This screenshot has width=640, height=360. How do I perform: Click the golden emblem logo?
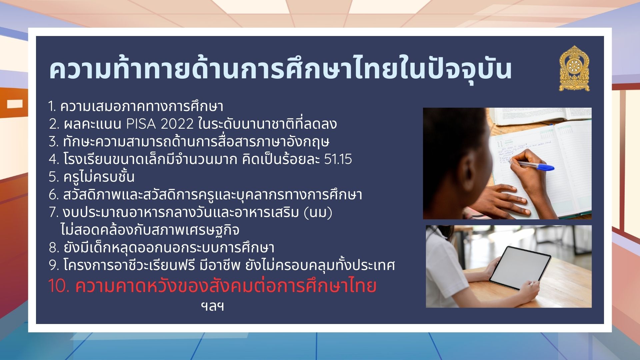574,68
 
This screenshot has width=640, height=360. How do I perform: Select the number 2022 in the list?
177,124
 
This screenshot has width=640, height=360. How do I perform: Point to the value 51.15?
338,159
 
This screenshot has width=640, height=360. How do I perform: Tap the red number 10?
59,286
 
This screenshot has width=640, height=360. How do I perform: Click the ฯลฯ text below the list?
212,306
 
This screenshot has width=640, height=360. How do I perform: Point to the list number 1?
52,107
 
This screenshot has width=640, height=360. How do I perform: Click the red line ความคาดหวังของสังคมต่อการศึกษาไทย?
226,286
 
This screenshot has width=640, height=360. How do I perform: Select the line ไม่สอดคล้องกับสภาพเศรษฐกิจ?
150,230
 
